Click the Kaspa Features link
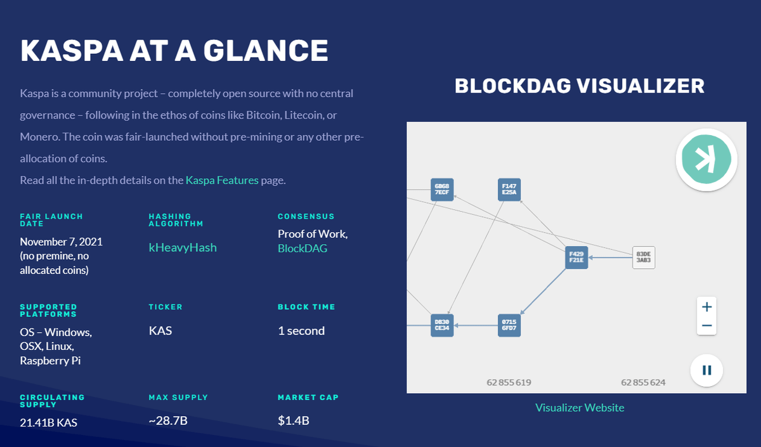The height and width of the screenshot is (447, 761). [222, 180]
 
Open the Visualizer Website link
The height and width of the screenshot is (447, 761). [580, 408]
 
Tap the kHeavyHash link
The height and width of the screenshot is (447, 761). [183, 248]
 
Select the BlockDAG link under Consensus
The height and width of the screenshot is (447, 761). [302, 249]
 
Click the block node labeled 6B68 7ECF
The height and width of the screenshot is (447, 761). [442, 190]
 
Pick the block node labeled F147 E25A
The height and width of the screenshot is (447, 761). [509, 190]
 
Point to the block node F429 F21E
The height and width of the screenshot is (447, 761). [576, 257]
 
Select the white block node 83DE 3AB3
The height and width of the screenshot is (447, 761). [644, 257]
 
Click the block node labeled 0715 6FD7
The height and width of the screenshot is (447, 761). [509, 325]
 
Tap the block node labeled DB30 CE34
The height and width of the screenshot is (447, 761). [442, 325]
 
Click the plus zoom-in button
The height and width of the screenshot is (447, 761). [707, 307]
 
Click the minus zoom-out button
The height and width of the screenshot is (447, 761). [707, 327]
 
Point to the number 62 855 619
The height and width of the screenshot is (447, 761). [509, 382]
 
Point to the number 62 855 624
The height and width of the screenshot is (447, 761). [644, 382]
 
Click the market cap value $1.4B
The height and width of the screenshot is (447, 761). [294, 421]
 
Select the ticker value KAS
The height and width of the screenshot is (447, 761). [160, 330]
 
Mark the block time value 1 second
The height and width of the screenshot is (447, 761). [301, 330]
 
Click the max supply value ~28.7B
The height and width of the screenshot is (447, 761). [168, 421]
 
